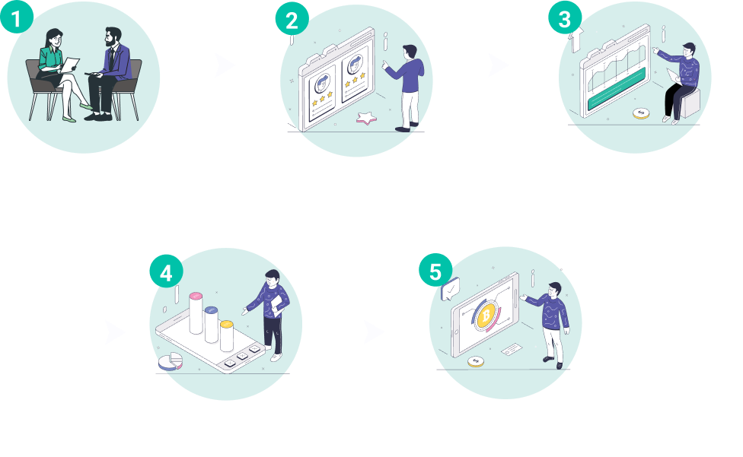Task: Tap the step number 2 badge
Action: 292,21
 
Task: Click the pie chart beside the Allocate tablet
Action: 171,360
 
